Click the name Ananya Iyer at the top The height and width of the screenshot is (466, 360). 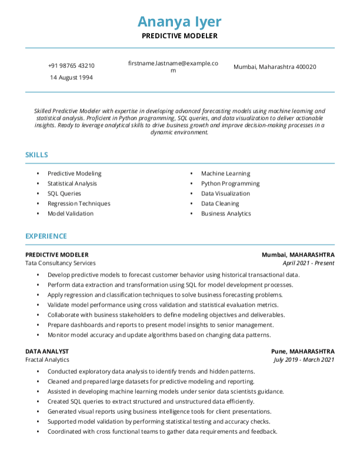click(179, 22)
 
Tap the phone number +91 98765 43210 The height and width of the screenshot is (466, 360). click(71, 66)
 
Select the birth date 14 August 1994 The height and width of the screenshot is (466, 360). click(71, 78)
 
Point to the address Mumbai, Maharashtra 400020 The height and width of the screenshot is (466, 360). click(275, 67)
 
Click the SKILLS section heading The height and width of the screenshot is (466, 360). click(36, 155)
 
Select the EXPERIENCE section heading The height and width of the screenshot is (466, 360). click(46, 236)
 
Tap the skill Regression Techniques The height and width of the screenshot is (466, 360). click(79, 204)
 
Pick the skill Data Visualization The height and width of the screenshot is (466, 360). click(225, 194)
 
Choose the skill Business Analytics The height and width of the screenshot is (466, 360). click(226, 214)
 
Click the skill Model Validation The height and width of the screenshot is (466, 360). click(71, 214)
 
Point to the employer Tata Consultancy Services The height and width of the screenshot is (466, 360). click(60, 263)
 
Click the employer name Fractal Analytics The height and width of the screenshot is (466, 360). click(47, 360)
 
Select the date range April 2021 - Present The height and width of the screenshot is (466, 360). click(308, 263)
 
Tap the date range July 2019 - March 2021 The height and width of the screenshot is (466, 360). click(304, 360)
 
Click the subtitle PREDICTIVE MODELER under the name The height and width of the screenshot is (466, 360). click(179, 36)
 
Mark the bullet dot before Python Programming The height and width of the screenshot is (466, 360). click(192, 184)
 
